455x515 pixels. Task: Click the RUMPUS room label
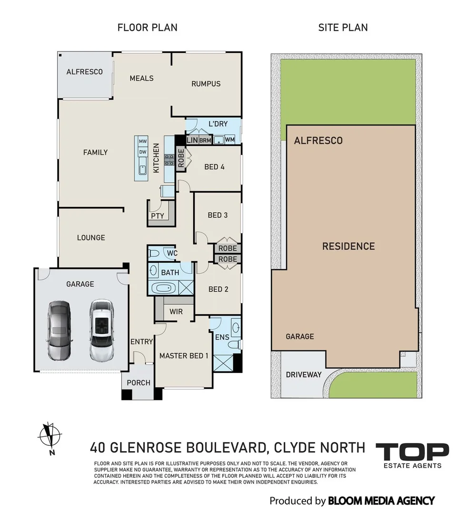tap(206, 84)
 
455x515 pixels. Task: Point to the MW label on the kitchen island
tap(143, 142)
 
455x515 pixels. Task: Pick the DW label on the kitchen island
tap(143, 152)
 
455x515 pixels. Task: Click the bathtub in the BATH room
tap(164, 288)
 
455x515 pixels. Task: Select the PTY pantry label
tap(158, 216)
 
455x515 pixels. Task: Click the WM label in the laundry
tap(230, 140)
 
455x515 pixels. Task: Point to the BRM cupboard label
tap(205, 140)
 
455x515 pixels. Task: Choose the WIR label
tap(176, 311)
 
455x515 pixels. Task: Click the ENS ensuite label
tap(222, 337)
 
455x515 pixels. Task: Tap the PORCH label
tap(138, 383)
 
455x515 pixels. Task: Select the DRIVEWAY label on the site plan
tap(304, 375)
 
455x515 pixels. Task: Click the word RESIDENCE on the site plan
tap(348, 247)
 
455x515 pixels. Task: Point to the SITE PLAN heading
tap(343, 28)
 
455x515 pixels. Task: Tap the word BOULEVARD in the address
tap(226, 447)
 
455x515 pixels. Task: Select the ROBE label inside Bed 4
tap(181, 158)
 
